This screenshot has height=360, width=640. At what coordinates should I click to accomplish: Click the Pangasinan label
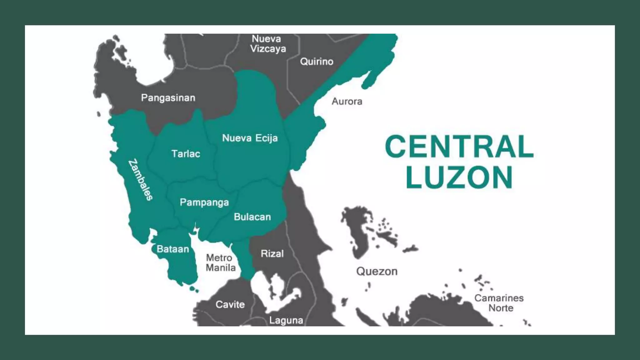pyautogui.click(x=168, y=98)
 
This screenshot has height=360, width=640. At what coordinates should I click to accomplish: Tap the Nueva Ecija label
pyautogui.click(x=250, y=138)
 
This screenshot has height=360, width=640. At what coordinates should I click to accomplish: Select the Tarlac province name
pyautogui.click(x=186, y=154)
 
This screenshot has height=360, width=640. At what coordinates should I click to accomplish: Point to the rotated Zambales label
pyautogui.click(x=141, y=180)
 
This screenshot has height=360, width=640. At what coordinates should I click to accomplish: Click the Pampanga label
pyautogui.click(x=204, y=202)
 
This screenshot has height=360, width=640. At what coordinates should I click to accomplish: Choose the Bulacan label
pyautogui.click(x=252, y=217)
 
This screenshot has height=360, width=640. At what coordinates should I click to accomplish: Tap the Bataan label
pyautogui.click(x=173, y=249)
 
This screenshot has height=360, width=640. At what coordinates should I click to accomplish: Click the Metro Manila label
pyautogui.click(x=220, y=263)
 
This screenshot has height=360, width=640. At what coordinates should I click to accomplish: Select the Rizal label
pyautogui.click(x=272, y=253)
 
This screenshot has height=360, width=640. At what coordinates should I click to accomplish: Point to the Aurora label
pyautogui.click(x=347, y=101)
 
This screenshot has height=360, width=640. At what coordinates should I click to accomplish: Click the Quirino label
pyautogui.click(x=317, y=61)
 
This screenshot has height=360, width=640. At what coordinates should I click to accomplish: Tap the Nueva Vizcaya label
pyautogui.click(x=268, y=44)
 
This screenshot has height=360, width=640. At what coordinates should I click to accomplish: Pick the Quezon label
pyautogui.click(x=377, y=271)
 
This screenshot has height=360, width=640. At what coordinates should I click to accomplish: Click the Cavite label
pyautogui.click(x=230, y=304)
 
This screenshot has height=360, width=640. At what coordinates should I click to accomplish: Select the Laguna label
pyautogui.click(x=286, y=320)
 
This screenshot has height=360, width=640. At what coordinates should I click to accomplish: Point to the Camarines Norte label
pyautogui.click(x=499, y=303)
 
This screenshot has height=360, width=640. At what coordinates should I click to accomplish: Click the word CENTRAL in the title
pyautogui.click(x=459, y=147)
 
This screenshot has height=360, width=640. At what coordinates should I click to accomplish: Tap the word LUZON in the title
pyautogui.click(x=459, y=177)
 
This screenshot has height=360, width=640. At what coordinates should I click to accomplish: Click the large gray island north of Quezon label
pyautogui.click(x=356, y=231)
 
